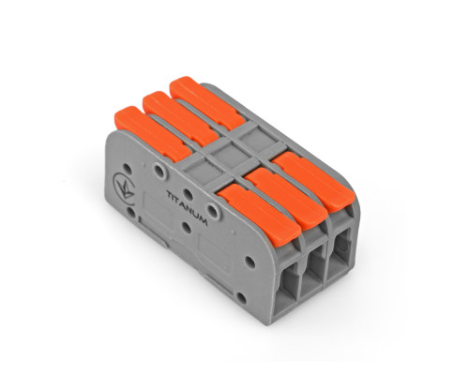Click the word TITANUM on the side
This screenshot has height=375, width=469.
[x=187, y=208]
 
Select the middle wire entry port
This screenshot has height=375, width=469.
[x=313, y=268]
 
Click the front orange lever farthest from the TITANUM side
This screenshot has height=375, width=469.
[x=313, y=181]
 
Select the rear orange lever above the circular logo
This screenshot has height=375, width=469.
[x=153, y=134]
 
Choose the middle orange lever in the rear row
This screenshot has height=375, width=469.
[x=181, y=119]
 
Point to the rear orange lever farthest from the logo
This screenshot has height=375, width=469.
[x=207, y=103]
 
